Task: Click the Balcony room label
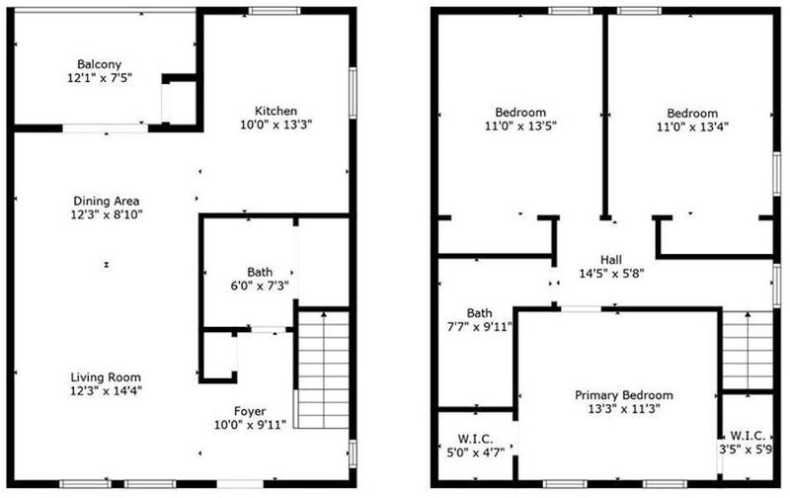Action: tap(100, 64)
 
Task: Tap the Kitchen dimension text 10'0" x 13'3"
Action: tap(276, 124)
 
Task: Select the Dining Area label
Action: tap(107, 202)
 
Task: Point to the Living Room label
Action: tap(106, 377)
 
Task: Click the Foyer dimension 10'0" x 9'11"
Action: tap(250, 425)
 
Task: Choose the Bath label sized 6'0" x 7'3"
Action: tap(260, 272)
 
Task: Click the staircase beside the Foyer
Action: tap(322, 370)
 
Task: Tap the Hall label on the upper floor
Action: tap(611, 260)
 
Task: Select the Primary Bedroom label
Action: tap(624, 394)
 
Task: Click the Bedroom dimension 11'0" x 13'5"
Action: tap(520, 126)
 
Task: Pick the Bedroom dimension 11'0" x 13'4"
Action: tap(692, 127)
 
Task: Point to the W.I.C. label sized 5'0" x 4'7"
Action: tap(476, 439)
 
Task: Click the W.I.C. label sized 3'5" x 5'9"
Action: tap(748, 436)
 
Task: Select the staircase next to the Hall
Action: tap(748, 351)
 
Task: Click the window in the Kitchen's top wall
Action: tap(275, 11)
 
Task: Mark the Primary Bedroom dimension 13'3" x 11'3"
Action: tap(624, 409)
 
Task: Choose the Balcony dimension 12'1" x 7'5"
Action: tap(100, 78)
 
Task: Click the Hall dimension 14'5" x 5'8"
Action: tap(611, 274)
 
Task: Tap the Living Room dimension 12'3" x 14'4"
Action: tap(106, 390)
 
